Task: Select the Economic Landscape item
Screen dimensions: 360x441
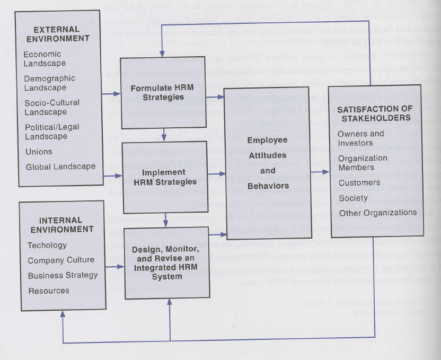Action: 45,59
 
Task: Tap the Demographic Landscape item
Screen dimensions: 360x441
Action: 49,83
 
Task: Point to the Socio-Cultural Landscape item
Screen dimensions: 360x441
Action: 52,107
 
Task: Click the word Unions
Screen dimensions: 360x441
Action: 39,152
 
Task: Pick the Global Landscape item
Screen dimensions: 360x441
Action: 60,166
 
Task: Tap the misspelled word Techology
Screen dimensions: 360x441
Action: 47,245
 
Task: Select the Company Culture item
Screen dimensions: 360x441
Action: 61,260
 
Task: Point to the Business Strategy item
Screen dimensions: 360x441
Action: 63,276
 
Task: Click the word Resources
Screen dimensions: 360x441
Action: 49,291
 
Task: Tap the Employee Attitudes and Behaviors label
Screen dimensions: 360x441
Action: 268,163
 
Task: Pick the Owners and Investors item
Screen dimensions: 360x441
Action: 360,138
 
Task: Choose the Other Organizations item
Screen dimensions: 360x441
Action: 378,213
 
